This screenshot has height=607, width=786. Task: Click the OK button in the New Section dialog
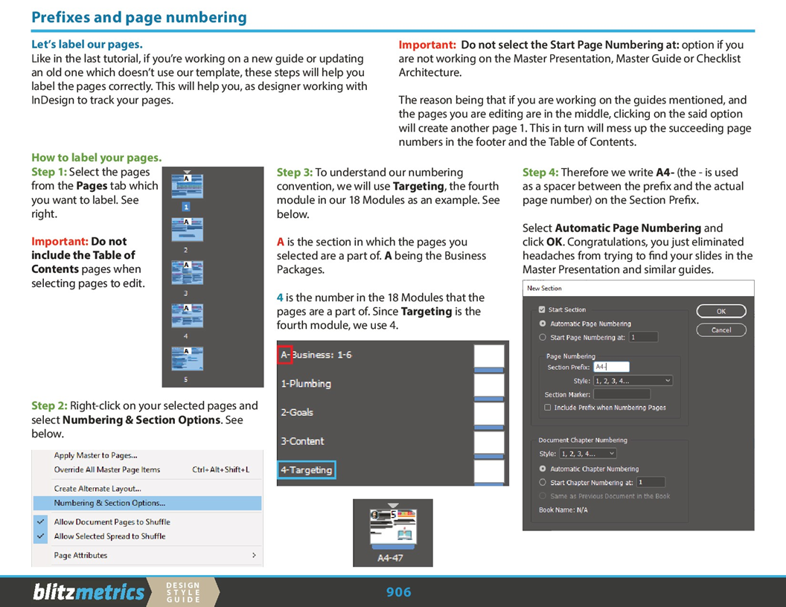tap(720, 311)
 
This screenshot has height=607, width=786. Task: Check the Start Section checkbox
tap(542, 309)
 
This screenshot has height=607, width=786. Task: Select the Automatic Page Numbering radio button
tap(543, 324)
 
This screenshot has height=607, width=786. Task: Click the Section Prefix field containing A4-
tap(611, 367)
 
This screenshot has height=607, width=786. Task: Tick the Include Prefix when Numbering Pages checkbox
tap(548, 408)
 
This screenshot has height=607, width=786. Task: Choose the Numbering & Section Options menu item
tap(109, 503)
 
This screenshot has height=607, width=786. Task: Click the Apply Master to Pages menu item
tap(95, 455)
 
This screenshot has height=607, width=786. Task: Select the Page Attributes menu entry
tap(80, 555)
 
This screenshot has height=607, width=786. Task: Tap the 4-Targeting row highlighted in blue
tap(307, 470)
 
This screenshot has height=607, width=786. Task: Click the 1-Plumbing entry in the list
tap(306, 384)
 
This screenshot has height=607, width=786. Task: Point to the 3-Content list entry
tap(302, 441)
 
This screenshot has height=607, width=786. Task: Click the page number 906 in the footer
tap(399, 592)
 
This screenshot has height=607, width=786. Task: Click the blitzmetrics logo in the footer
tap(89, 592)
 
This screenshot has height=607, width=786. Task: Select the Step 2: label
tap(49, 405)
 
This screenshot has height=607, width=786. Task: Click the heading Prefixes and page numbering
tap(139, 17)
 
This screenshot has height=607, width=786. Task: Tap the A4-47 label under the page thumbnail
tap(390, 557)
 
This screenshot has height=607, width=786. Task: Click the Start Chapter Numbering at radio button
tap(543, 483)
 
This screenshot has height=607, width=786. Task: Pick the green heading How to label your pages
tap(96, 158)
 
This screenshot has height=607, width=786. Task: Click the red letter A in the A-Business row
tap(283, 355)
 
